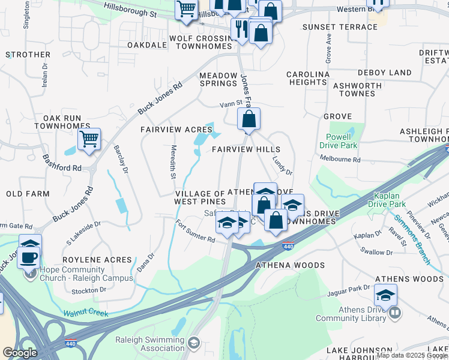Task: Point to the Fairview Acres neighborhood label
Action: coord(176,130)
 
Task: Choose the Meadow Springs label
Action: coord(218,79)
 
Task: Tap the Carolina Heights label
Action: coord(308,78)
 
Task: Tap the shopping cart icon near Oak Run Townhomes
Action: coord(89,139)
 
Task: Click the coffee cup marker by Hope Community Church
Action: coord(29,257)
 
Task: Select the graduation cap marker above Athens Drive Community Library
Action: coord(385,295)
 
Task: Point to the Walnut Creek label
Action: coord(86,313)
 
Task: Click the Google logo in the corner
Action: coord(20,353)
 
